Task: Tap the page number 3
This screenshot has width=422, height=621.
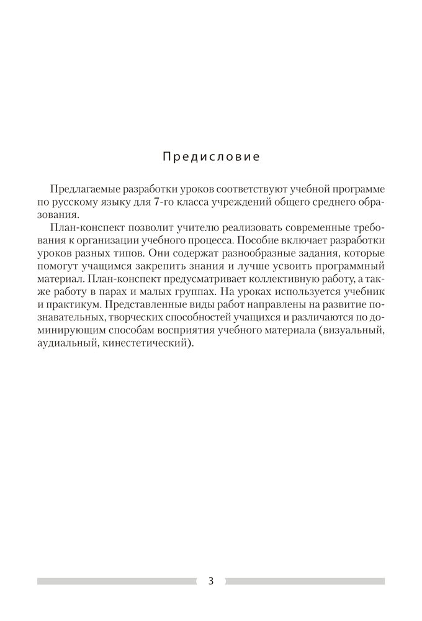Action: (211, 582)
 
